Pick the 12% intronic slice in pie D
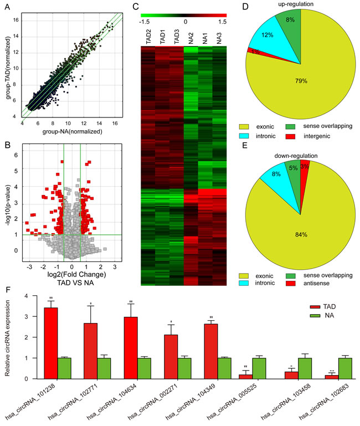click(x=268, y=41)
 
